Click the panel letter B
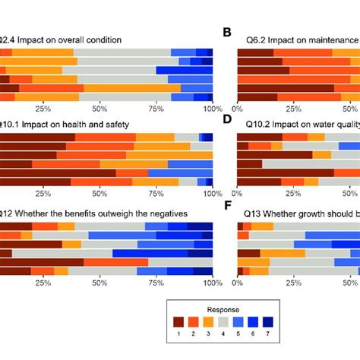(x=226, y=33)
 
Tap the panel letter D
(x=226, y=118)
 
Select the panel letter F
(x=226, y=206)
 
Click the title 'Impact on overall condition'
(x=63, y=38)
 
